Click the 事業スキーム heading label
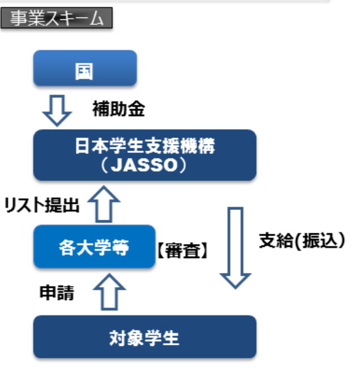[57, 18]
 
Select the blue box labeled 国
[85, 68]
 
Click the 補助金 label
[119, 109]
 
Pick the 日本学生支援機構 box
[144, 155]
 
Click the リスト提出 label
[42, 205]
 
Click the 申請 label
[57, 293]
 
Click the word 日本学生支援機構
[144, 146]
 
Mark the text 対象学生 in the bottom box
[144, 339]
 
